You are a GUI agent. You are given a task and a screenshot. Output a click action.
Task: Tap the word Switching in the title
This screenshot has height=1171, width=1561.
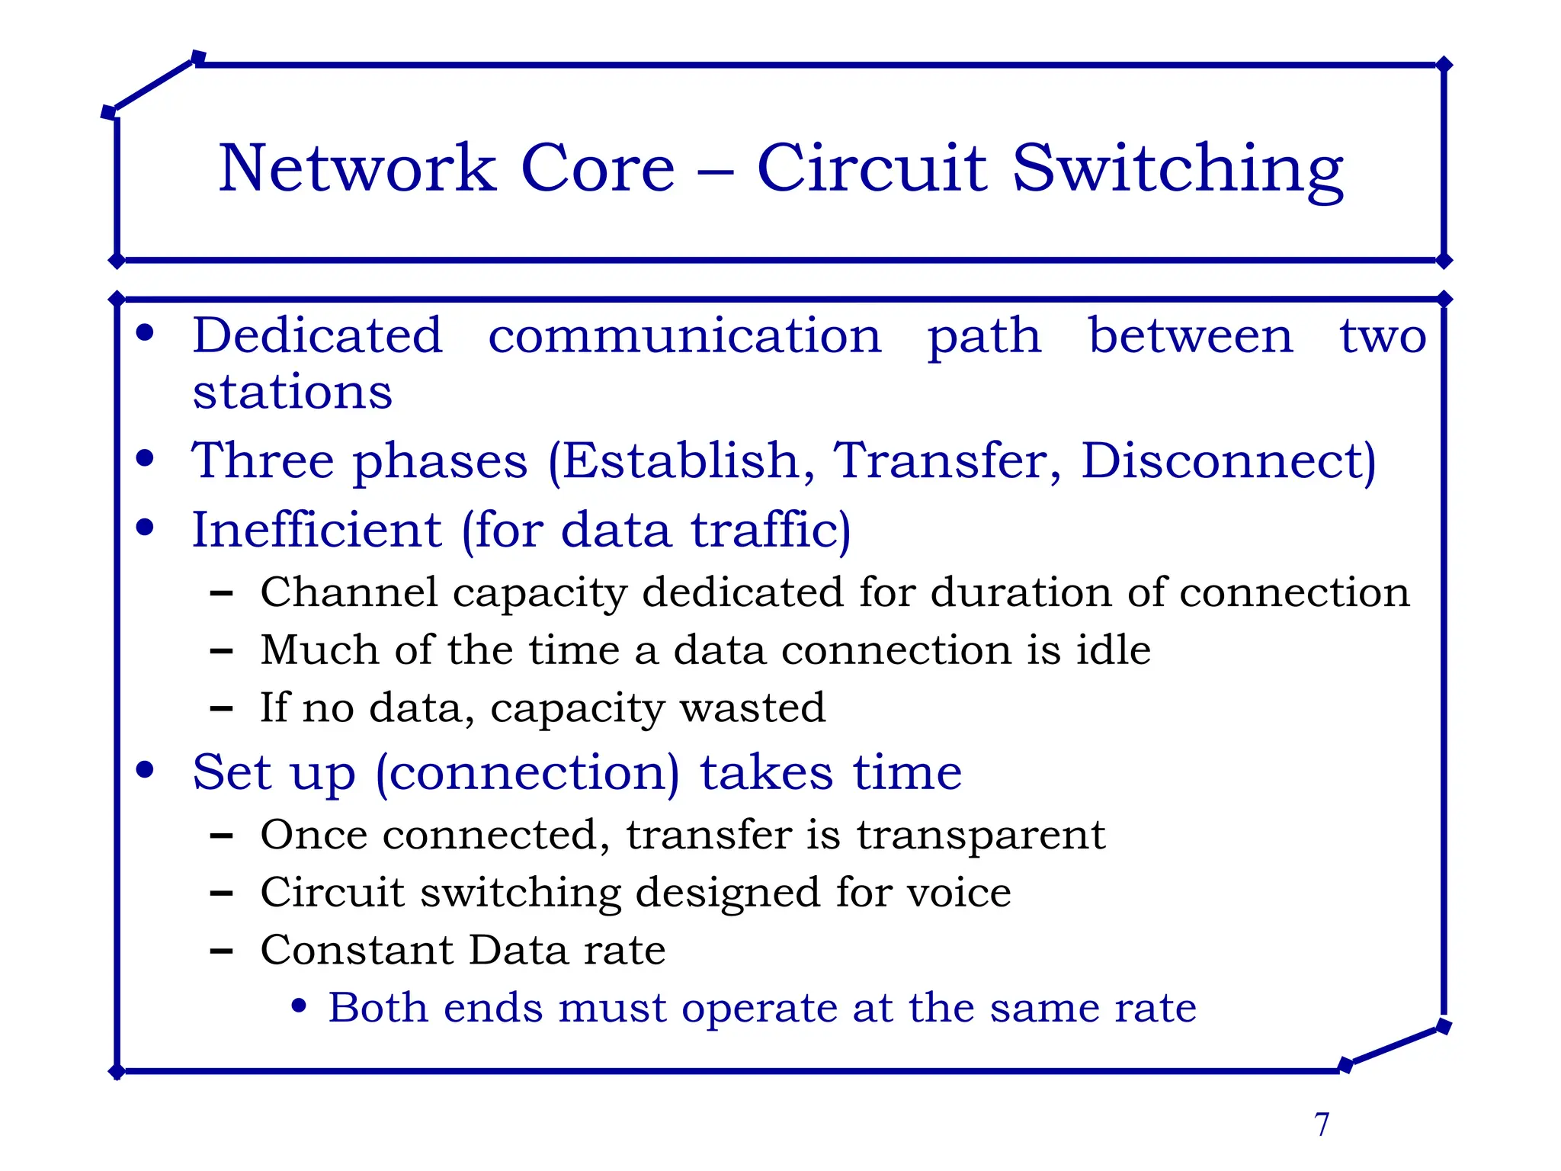(1178, 169)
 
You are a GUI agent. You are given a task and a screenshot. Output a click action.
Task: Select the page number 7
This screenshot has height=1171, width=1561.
(1322, 1124)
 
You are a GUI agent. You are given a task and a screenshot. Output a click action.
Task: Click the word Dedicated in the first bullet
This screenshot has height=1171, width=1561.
(317, 335)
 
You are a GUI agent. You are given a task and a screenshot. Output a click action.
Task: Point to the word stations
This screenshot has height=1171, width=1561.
(292, 392)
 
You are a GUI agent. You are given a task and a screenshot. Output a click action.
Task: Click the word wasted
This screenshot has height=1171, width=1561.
(752, 707)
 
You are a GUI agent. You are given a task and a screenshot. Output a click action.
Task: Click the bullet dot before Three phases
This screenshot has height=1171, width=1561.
(145, 458)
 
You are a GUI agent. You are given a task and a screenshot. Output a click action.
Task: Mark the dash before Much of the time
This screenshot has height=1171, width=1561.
(221, 651)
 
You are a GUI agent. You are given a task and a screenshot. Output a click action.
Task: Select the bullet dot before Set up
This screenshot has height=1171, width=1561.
(145, 770)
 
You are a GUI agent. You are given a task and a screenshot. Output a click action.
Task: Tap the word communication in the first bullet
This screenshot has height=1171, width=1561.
(684, 335)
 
